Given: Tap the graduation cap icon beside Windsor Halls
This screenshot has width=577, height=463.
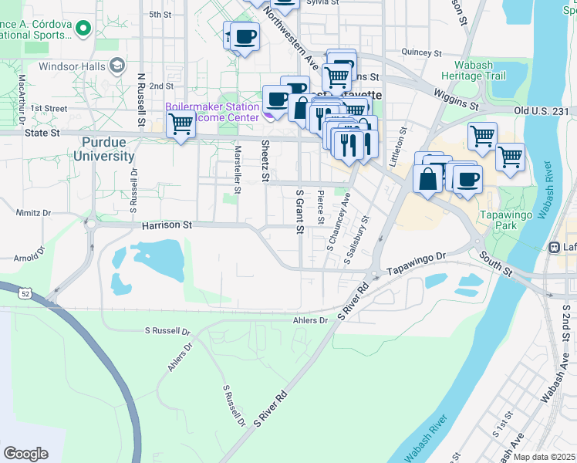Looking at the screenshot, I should point(117,66).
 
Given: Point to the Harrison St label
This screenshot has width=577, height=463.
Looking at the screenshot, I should point(167,225).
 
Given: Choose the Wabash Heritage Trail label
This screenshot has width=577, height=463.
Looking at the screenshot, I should point(474,70).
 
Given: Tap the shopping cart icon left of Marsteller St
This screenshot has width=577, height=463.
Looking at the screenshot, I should point(181,123).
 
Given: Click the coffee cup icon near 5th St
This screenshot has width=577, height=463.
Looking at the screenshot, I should point(245,37).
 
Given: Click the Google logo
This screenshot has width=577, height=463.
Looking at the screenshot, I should point(25,454).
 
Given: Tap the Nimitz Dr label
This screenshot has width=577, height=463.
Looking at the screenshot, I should point(34,211).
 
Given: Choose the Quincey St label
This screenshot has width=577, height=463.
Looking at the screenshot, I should point(421,53).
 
